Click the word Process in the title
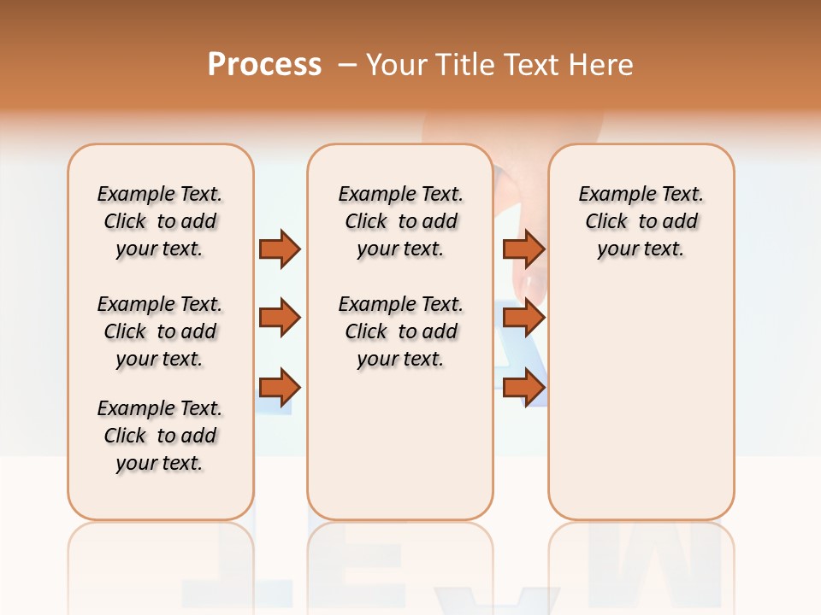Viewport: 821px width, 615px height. pos(264,64)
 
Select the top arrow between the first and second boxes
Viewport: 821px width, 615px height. pos(280,249)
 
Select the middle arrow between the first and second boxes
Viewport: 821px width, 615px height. pos(280,318)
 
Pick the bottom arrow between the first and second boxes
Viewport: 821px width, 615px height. pos(280,388)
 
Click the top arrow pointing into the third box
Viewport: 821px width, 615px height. pos(523,249)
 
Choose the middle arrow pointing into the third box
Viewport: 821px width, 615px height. pos(523,318)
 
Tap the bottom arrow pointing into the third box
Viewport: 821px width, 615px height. pos(523,388)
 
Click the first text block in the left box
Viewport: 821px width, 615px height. pos(160,221)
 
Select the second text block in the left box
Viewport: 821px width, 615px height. pos(160,331)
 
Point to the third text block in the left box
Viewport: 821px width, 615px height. pos(160,436)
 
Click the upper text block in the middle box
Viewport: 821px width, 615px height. pos(400,221)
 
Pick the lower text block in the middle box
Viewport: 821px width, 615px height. pos(400,331)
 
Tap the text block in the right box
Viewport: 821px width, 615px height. pos(641,221)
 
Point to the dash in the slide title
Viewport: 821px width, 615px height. pos(347,64)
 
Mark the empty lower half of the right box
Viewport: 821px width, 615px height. pos(641,410)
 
